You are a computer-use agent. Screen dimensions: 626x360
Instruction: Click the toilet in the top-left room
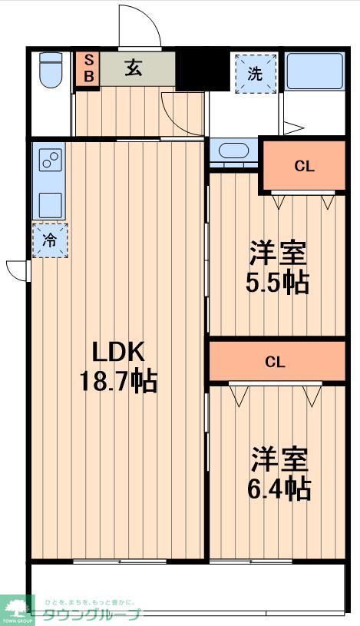click(51, 71)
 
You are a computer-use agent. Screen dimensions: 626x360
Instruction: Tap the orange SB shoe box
click(88, 68)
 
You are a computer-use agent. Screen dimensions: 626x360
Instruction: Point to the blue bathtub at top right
click(315, 71)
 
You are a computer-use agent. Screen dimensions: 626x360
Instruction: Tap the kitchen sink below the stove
click(51, 204)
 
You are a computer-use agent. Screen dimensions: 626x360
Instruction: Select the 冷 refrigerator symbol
click(49, 240)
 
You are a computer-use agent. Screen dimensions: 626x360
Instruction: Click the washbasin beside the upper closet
click(233, 151)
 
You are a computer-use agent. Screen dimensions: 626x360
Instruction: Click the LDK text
click(118, 352)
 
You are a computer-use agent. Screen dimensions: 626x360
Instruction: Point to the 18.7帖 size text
click(119, 380)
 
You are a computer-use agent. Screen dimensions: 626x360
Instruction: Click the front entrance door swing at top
click(140, 27)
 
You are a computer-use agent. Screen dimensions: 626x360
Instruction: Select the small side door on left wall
click(17, 270)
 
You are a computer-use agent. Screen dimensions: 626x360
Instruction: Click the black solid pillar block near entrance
click(203, 70)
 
